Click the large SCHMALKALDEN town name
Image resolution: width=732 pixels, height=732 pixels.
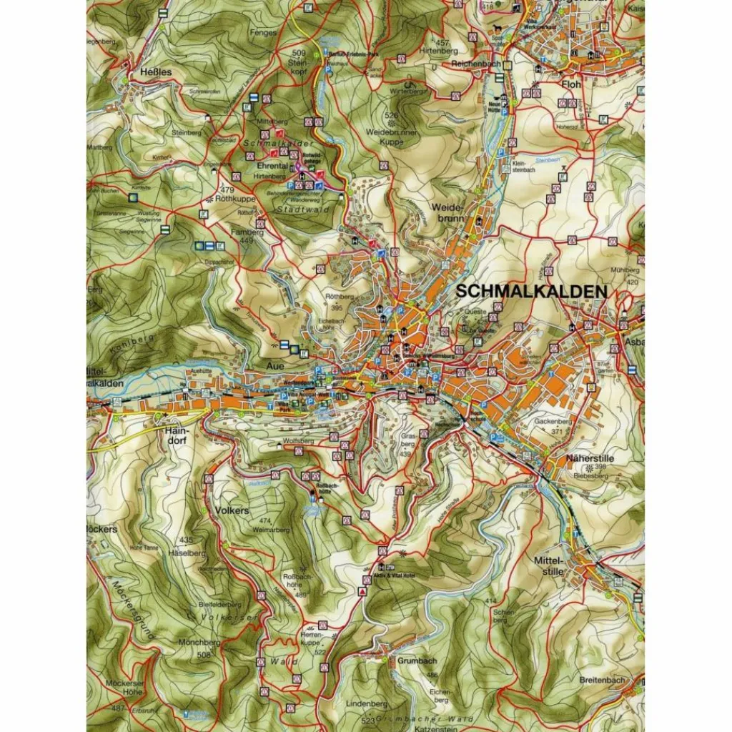coord(530,292)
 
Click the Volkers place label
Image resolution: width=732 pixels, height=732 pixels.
coord(231,510)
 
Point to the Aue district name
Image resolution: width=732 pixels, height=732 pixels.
coord(275,365)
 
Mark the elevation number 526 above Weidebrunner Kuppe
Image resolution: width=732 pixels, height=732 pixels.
coord(391,115)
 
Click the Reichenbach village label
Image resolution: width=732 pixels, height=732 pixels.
coord(475,64)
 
